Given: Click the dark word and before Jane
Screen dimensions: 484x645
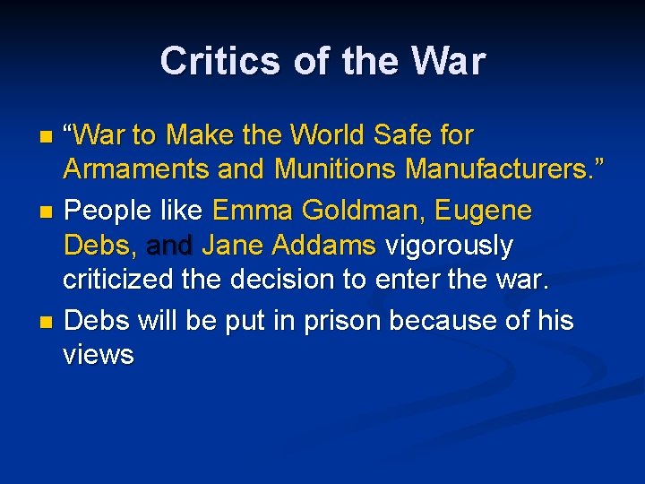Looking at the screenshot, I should point(170,245).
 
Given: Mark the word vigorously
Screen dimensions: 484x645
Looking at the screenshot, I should point(449,245).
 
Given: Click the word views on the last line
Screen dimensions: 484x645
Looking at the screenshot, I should point(99,354).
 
